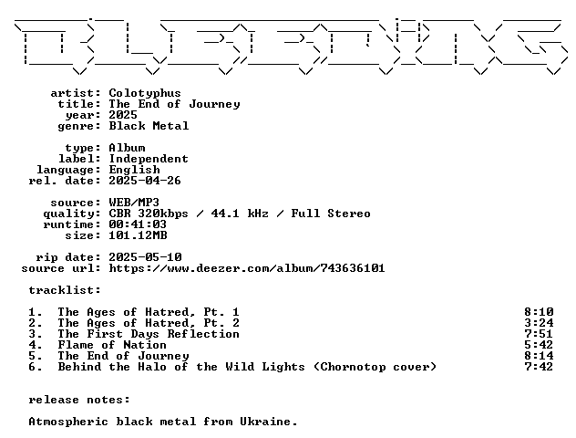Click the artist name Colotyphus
click(145, 93)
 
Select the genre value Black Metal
click(149, 126)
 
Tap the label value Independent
click(149, 160)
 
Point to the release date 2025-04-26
click(145, 181)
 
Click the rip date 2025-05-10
click(145, 257)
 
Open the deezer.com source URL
click(247, 268)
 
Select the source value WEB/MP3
click(134, 203)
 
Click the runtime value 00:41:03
click(138, 224)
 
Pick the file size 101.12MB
click(138, 235)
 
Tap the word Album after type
click(127, 148)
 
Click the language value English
click(134, 170)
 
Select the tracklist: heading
click(65, 290)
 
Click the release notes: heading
click(79, 400)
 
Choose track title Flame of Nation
click(112, 345)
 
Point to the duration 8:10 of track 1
click(539, 312)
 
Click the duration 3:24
click(539, 323)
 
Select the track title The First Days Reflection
click(149, 334)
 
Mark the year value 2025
click(123, 115)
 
